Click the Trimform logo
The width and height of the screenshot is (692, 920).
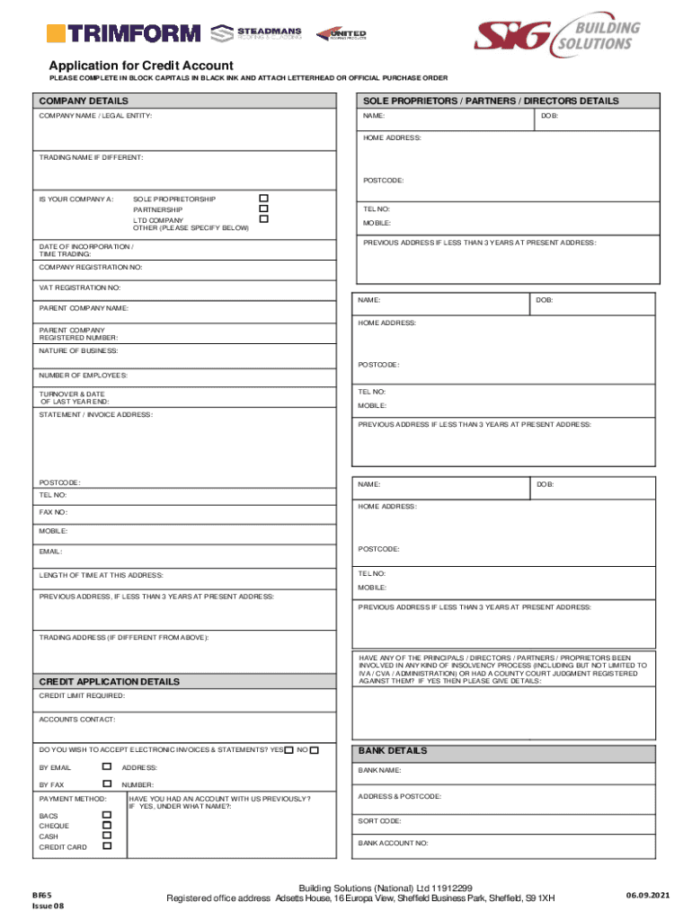coord(123,34)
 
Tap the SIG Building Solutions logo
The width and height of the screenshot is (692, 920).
coord(558,35)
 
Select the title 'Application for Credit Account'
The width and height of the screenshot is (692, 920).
coord(141,66)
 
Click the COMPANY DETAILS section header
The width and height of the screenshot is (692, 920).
coord(84,102)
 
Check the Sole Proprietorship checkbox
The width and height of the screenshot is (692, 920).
coord(263,198)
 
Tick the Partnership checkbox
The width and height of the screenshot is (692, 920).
coord(263,208)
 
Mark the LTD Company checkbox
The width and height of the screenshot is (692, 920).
coord(263,219)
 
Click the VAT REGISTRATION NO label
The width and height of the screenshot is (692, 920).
coord(79,287)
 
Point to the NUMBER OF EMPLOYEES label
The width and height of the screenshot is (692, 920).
coord(83,375)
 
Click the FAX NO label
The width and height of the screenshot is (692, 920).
coord(53,512)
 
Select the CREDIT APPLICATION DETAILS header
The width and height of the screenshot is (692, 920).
coord(109,682)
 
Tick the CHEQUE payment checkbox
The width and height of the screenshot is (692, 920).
coord(106,825)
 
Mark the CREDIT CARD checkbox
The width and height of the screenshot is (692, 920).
coord(106,845)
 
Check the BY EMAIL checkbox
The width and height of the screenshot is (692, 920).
coord(106,767)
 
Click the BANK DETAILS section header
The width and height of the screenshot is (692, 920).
coord(393,751)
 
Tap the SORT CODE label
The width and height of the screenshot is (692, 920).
coord(380,821)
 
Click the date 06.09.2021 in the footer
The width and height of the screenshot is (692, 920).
coord(648,896)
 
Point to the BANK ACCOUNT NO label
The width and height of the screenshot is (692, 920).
coord(394,844)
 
